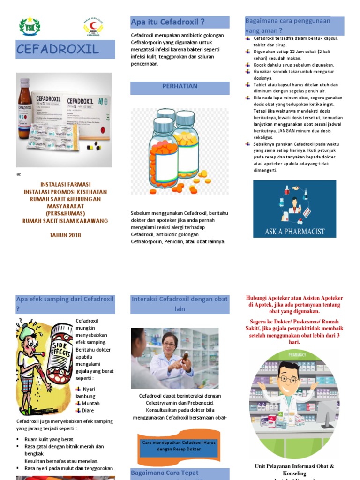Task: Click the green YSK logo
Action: (30, 27)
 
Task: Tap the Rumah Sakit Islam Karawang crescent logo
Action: (93, 27)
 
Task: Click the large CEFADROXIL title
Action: (58, 49)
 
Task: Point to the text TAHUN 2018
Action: (65, 235)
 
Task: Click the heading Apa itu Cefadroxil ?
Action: (168, 22)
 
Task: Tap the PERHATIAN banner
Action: (180, 87)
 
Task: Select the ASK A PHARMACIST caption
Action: (294, 231)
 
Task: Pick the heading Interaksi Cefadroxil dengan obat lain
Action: (180, 304)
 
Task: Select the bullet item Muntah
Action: (90, 403)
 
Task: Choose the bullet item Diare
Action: (88, 410)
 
